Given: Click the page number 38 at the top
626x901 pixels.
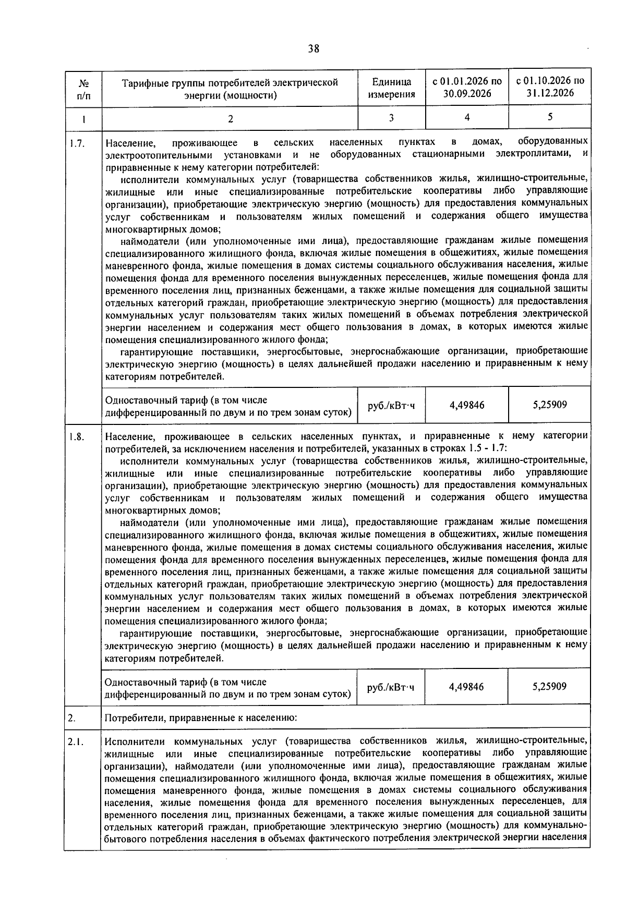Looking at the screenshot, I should tap(314, 49).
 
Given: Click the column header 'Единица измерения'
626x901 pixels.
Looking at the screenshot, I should tap(391, 88).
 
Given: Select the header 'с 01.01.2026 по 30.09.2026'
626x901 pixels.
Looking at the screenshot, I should tap(467, 88).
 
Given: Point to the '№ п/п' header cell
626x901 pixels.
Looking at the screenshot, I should tap(83, 89).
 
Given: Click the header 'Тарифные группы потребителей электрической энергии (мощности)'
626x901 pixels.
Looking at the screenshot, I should tap(230, 89).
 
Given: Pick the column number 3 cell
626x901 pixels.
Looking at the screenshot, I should tap(391, 118).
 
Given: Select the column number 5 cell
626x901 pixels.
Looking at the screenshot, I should tap(550, 117).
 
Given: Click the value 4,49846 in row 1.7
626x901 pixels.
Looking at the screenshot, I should tap(466, 405).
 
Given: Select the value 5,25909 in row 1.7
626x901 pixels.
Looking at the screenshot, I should tap(550, 404).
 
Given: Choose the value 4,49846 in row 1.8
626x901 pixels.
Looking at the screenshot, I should tap(466, 687).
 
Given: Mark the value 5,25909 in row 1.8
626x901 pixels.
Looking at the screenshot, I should tap(550, 686).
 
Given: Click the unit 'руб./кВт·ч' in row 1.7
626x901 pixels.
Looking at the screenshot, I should tap(391, 405).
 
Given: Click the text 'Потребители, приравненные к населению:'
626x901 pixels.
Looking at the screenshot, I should tap(201, 718).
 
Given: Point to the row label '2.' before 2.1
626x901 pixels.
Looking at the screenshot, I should tap(72, 718).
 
